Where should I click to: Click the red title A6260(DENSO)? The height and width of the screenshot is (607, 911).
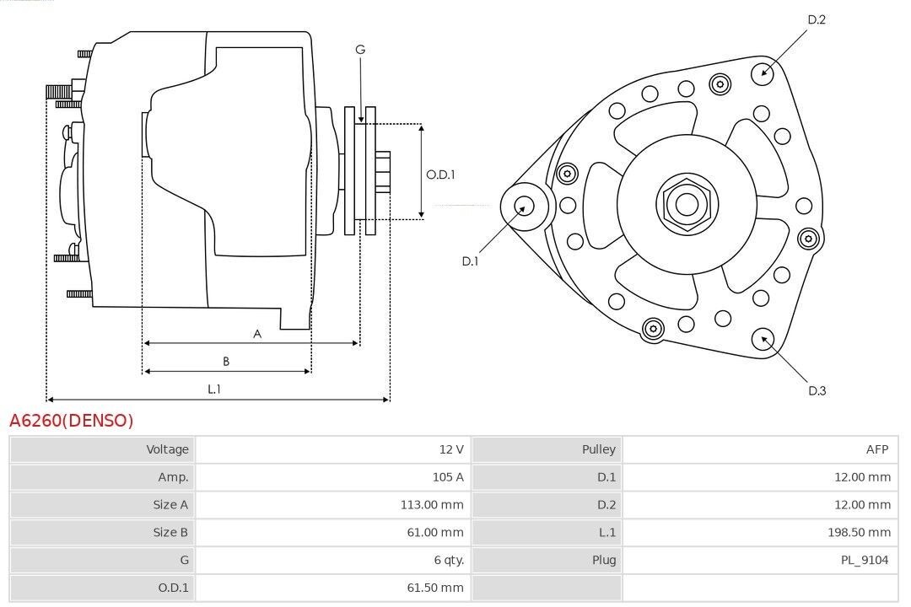pos(71,420)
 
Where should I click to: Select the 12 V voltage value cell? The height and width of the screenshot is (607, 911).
pos(452,449)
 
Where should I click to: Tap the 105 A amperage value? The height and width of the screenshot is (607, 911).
pos(448,477)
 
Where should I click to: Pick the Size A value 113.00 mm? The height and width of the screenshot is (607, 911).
pos(434,504)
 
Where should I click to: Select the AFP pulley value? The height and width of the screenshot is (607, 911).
pos(876,449)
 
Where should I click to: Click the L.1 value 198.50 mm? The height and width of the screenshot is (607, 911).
pos(860,532)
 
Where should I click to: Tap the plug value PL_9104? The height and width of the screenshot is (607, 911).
pos(865,560)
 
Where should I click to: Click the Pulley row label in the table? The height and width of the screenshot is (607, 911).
pos(598,449)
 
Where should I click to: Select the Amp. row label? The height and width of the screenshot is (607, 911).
pos(174,477)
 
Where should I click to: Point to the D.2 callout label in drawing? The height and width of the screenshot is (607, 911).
pos(816,19)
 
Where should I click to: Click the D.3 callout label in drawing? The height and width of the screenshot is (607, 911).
pos(817,390)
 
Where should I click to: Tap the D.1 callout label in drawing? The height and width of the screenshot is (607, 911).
pos(470,261)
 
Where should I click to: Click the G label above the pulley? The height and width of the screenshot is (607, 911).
pos(360,50)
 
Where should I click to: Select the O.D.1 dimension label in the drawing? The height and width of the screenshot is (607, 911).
pos(440,175)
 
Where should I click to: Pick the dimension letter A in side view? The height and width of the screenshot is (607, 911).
pos(257,334)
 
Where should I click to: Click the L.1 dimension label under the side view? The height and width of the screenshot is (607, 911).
pos(214,389)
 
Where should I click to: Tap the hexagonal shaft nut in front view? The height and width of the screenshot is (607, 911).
pos(687,203)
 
